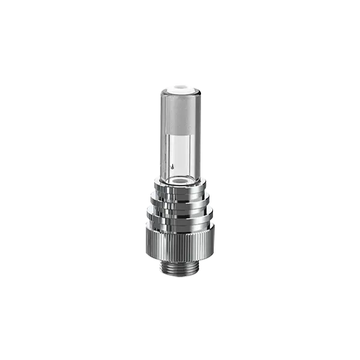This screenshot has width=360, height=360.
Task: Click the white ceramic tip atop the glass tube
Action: click(180, 87)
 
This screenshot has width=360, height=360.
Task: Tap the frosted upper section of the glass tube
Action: click(180, 114)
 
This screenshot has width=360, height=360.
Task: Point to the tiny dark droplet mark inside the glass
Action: click(173, 164)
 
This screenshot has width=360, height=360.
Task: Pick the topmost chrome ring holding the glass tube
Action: click(180, 191)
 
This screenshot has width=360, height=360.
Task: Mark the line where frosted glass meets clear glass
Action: click(180, 133)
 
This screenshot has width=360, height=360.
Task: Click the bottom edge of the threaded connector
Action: click(180, 277)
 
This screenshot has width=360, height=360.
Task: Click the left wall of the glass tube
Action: click(161, 138)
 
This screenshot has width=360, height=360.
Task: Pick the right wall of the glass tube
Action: click(199, 138)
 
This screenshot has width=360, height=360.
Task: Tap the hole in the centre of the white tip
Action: click(180, 85)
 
